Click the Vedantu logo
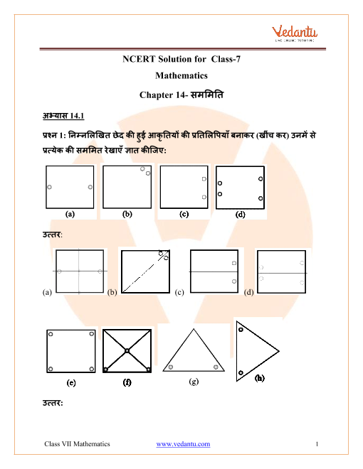[x=295, y=33]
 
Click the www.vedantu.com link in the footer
[x=183, y=444]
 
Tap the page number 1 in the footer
[x=317, y=444]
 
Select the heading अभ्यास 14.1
[x=63, y=115]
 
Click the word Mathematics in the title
[x=181, y=75]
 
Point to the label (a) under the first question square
[x=70, y=214]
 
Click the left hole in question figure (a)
[x=49, y=187]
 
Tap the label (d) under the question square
[x=240, y=214]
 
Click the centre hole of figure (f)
[x=127, y=350]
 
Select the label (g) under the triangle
[x=194, y=382]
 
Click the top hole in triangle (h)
[x=241, y=330]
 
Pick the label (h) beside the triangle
[x=259, y=378]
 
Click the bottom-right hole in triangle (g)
[x=216, y=367]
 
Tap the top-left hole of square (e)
[x=51, y=334]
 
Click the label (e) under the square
[x=71, y=382]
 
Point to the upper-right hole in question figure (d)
[x=261, y=178]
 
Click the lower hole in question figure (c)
[x=204, y=197]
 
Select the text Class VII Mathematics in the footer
[x=77, y=444]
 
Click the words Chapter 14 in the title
[x=162, y=95]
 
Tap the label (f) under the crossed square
[x=127, y=382]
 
